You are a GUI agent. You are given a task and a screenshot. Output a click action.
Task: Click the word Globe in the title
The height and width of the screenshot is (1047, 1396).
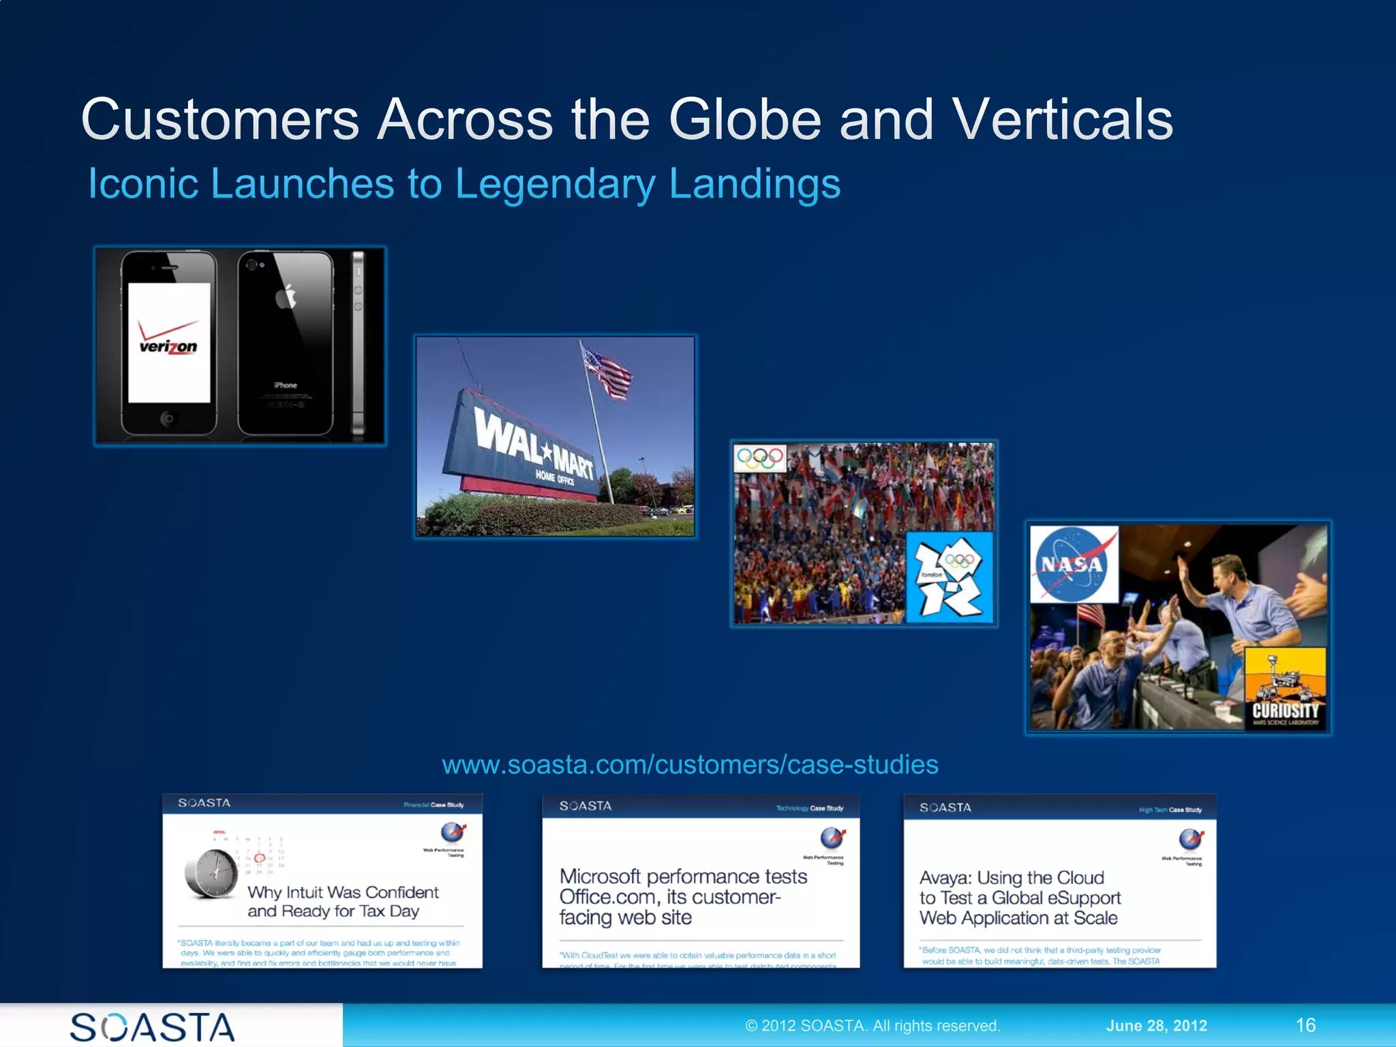[745, 119]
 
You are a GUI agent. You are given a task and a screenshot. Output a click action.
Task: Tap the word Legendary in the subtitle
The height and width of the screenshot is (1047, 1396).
[554, 184]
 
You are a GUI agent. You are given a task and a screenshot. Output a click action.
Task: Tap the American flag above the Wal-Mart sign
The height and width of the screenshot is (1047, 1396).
[607, 371]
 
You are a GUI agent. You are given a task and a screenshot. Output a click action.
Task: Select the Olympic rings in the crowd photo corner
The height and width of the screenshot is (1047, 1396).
[760, 457]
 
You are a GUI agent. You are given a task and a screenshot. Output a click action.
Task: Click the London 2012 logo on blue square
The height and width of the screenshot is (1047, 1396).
[949, 577]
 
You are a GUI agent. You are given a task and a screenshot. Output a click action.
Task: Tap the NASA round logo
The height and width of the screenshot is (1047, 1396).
[1073, 564]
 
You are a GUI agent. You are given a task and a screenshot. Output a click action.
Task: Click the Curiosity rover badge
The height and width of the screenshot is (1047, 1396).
[1285, 688]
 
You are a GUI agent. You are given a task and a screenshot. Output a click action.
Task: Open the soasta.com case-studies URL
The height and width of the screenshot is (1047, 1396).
[690, 765]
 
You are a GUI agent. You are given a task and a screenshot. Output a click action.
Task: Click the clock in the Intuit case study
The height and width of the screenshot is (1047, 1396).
[211, 872]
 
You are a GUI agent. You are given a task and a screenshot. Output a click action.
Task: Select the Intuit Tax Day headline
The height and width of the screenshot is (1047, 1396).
[343, 901]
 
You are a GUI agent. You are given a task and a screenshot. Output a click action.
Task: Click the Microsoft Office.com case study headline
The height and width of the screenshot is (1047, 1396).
[683, 896]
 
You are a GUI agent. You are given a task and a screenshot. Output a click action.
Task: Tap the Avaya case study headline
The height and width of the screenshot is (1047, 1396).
[1019, 898]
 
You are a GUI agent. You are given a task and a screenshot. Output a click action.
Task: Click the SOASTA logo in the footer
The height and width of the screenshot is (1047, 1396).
[153, 1027]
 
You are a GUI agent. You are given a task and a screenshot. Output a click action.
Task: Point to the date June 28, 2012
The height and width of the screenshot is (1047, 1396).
[1156, 1026]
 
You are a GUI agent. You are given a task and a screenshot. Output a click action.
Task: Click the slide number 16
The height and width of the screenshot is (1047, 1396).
[1305, 1025]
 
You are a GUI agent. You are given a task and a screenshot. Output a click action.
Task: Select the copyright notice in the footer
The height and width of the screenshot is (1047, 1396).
[872, 1026]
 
